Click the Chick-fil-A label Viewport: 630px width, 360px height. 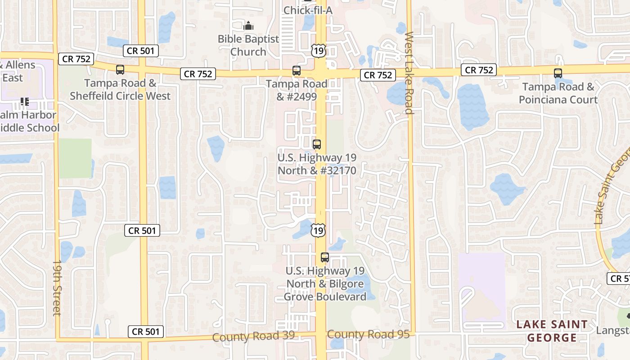click(x=308, y=10)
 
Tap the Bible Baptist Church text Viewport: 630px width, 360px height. click(x=248, y=45)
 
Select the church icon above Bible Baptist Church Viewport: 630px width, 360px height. click(x=248, y=26)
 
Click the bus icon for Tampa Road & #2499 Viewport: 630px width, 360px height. click(x=297, y=71)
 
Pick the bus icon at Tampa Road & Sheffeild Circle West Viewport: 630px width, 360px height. click(x=120, y=70)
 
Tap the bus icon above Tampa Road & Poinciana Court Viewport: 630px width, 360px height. click(x=558, y=73)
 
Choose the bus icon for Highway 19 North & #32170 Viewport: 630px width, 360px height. click(x=317, y=144)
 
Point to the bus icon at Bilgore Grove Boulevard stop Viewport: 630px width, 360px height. click(x=325, y=257)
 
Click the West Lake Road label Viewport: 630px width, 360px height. click(x=409, y=73)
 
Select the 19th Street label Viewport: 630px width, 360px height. click(x=57, y=288)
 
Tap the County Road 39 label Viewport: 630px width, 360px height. click(x=253, y=336)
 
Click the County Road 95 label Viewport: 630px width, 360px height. click(x=368, y=334)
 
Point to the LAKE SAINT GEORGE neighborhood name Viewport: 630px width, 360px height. click(x=552, y=331)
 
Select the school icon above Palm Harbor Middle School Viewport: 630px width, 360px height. click(x=24, y=102)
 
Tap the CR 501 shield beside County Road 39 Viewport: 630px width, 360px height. click(x=145, y=332)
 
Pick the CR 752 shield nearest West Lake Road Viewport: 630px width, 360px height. click(x=378, y=75)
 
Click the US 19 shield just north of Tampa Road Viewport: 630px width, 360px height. click(x=318, y=50)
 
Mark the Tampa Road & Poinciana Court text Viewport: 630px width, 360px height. click(x=558, y=93)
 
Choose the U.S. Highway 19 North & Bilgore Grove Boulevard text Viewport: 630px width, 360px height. click(x=325, y=283)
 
